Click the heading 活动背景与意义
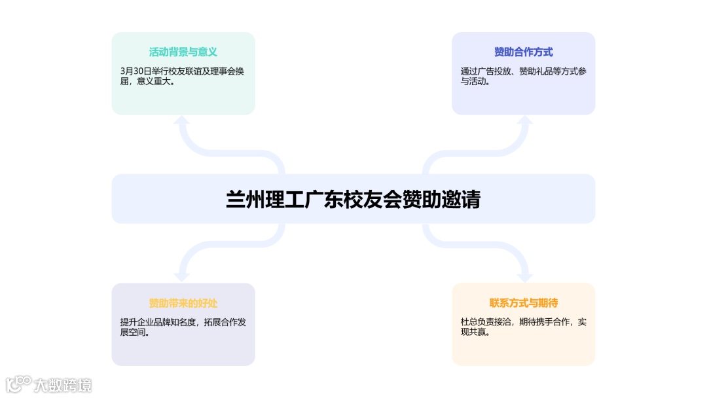(183, 52)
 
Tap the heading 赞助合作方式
(523, 52)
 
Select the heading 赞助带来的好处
(183, 303)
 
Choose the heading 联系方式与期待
(523, 303)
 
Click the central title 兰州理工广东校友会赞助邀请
(353, 199)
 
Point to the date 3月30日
(136, 71)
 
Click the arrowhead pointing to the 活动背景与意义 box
(183, 121)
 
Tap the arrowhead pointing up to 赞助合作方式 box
(524, 121)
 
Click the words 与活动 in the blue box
(473, 82)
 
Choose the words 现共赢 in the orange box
(473, 333)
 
